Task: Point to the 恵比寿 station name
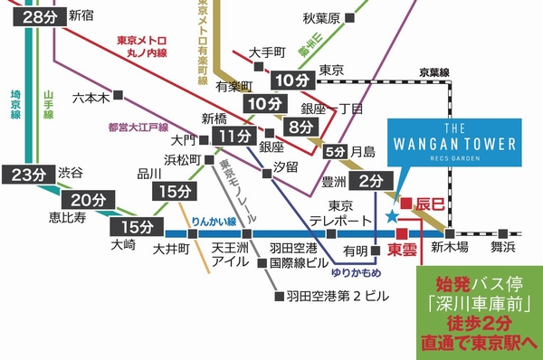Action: coord(70,218)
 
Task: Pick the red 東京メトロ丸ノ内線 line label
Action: coord(151,47)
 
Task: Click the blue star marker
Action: coord(391,216)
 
